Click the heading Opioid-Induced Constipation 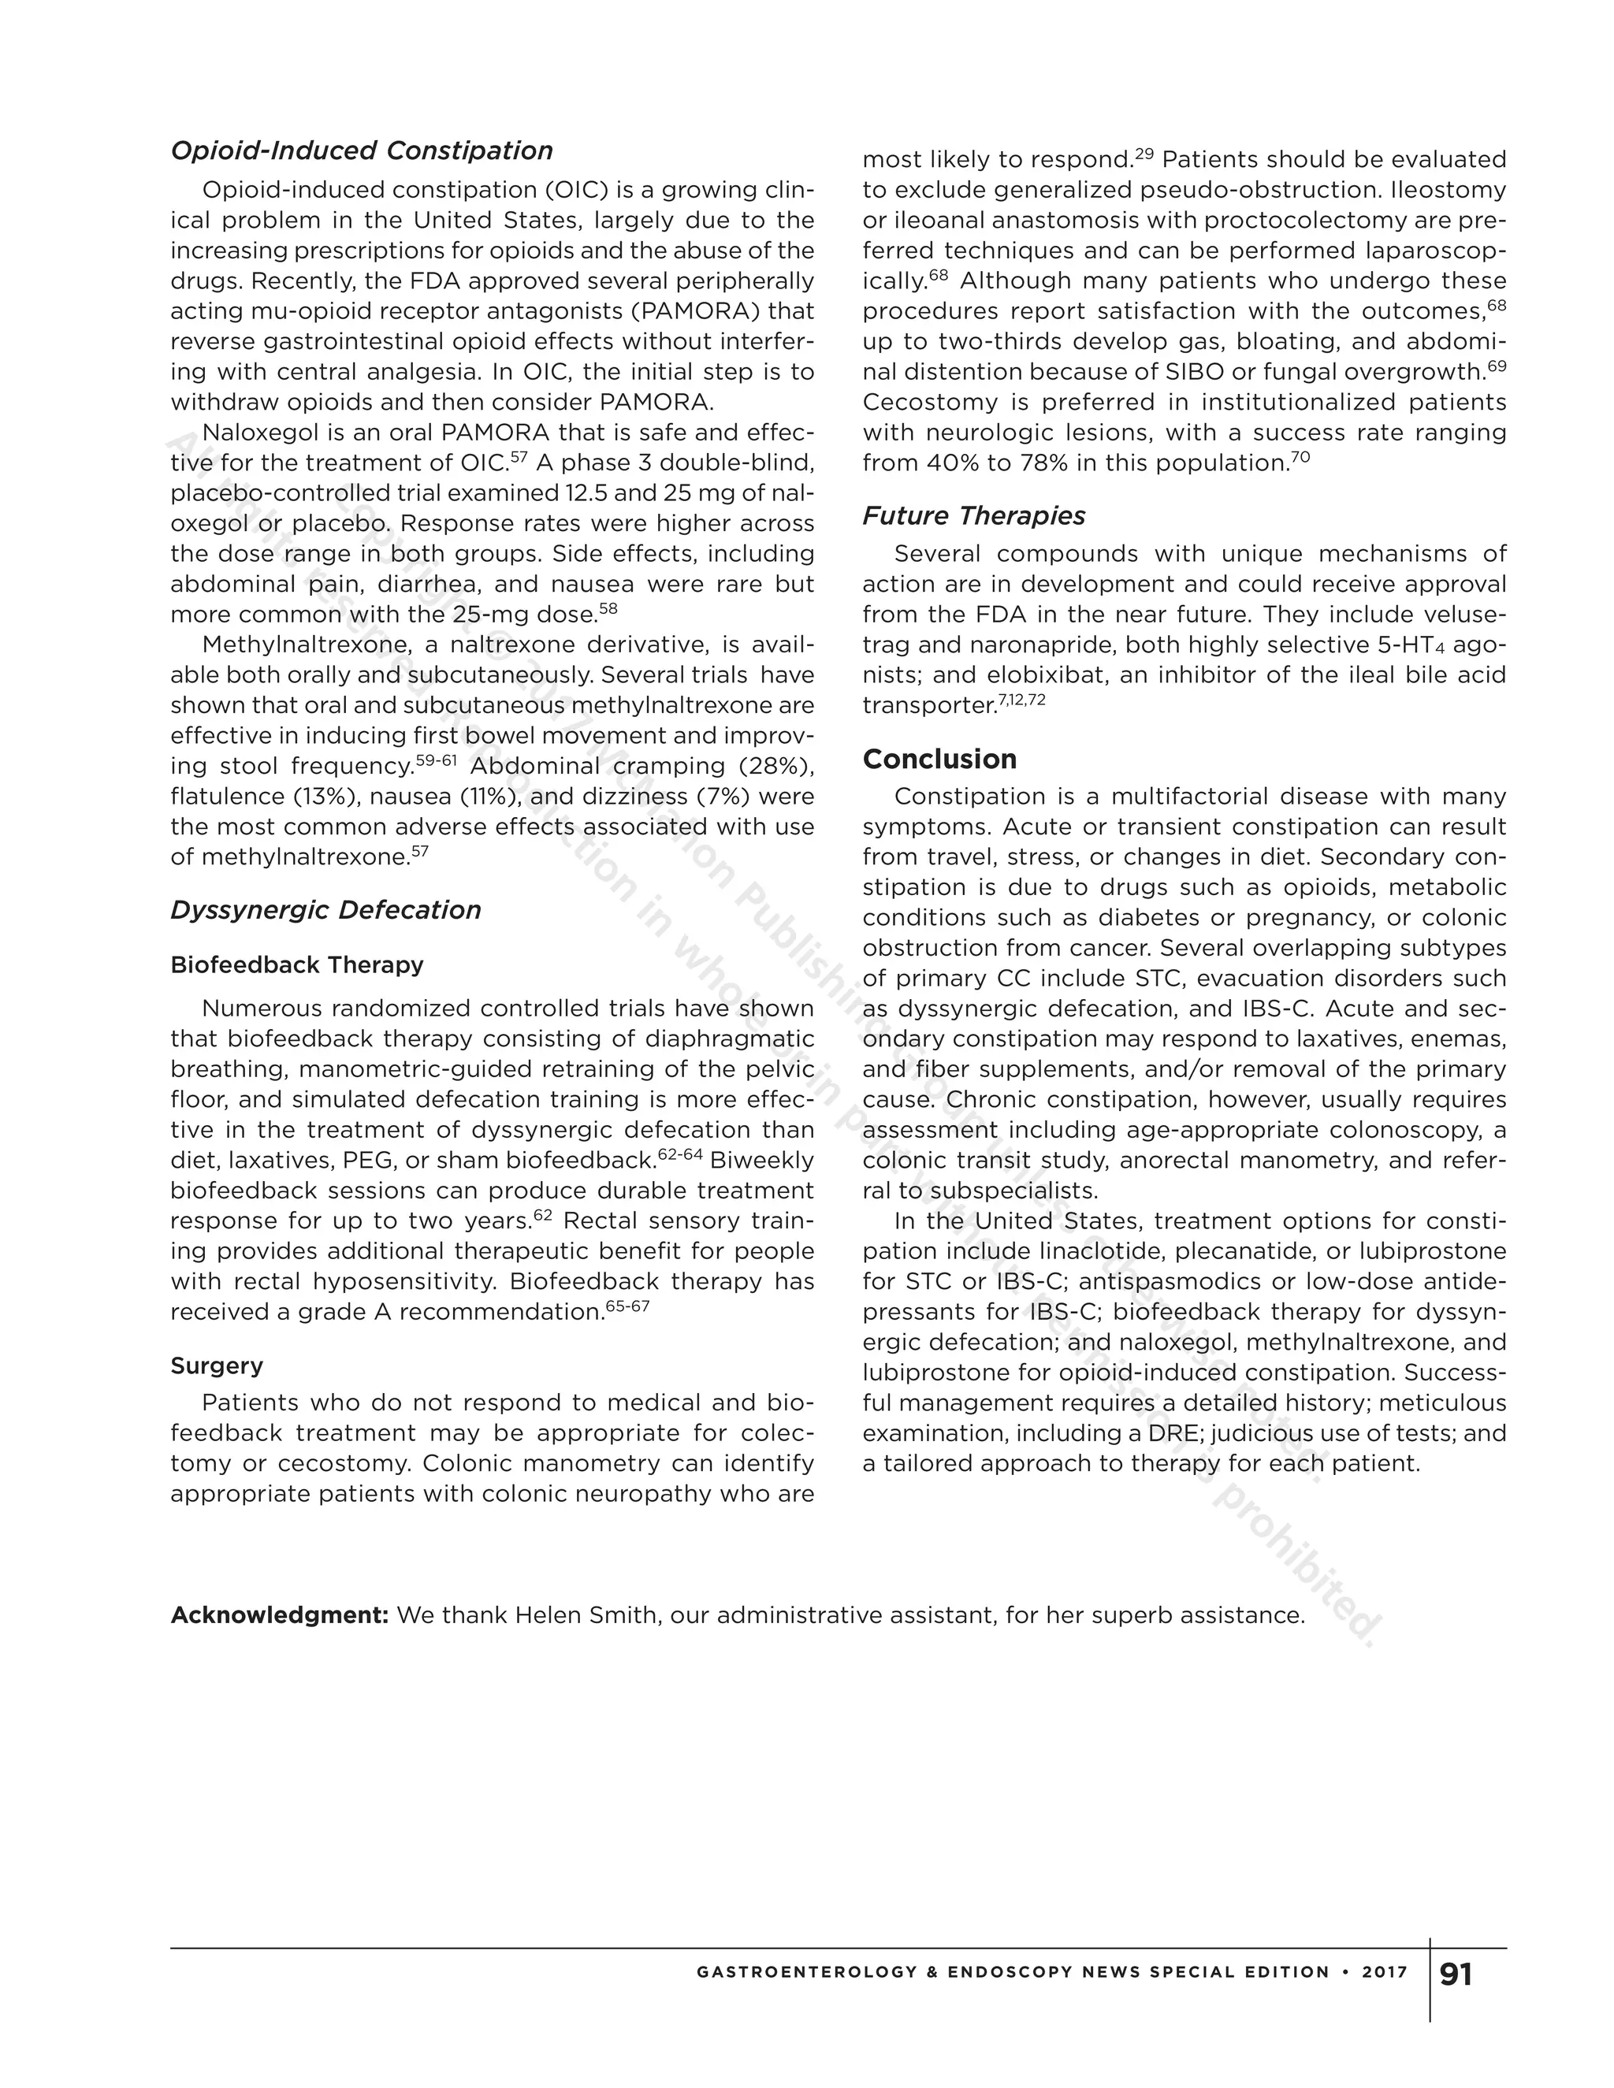pyautogui.click(x=362, y=151)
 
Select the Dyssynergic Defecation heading pyautogui.click(x=325, y=909)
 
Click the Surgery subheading pyautogui.click(x=217, y=1365)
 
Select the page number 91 pyautogui.click(x=1456, y=1975)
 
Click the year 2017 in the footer pyautogui.click(x=1385, y=1972)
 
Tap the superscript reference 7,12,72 pyautogui.click(x=1022, y=700)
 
